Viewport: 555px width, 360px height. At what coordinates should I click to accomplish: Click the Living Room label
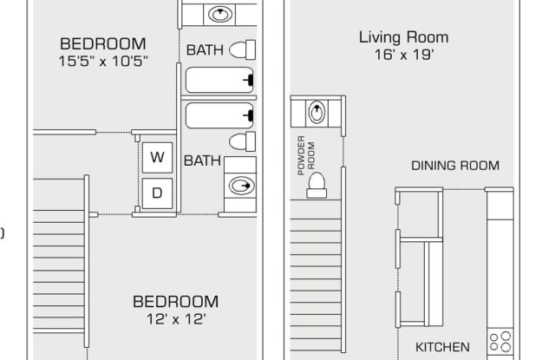point(403,37)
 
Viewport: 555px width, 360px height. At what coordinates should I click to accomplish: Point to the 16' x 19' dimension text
point(403,56)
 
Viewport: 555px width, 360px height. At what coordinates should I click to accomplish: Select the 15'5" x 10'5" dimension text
point(103,61)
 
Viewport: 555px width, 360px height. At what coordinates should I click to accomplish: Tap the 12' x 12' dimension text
point(175,319)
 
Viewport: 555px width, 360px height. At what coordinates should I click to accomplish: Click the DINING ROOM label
point(455,166)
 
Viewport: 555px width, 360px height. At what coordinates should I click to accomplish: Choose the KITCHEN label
point(442,346)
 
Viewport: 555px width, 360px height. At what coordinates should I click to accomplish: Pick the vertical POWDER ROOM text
point(303,156)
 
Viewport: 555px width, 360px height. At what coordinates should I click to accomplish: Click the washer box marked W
point(157,157)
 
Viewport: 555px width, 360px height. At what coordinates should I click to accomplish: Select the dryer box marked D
point(157,193)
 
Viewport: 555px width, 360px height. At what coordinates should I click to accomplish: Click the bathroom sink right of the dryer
point(239,185)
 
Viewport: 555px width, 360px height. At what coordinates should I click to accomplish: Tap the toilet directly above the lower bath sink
point(242,141)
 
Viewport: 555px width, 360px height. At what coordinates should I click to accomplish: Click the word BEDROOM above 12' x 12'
point(175,302)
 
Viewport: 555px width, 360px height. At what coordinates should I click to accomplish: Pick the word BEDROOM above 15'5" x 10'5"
point(103,43)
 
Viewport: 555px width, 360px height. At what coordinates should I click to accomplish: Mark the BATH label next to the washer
point(201,160)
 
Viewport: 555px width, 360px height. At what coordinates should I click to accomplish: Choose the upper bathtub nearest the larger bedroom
point(220,80)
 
